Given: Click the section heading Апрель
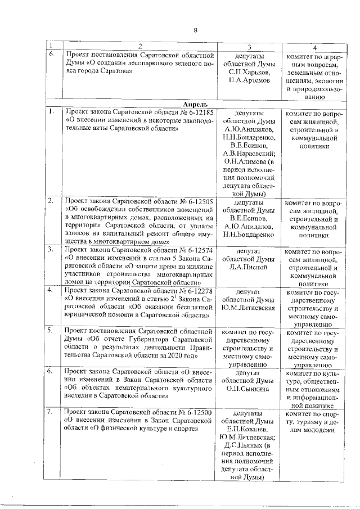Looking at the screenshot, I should coord(195,104).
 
